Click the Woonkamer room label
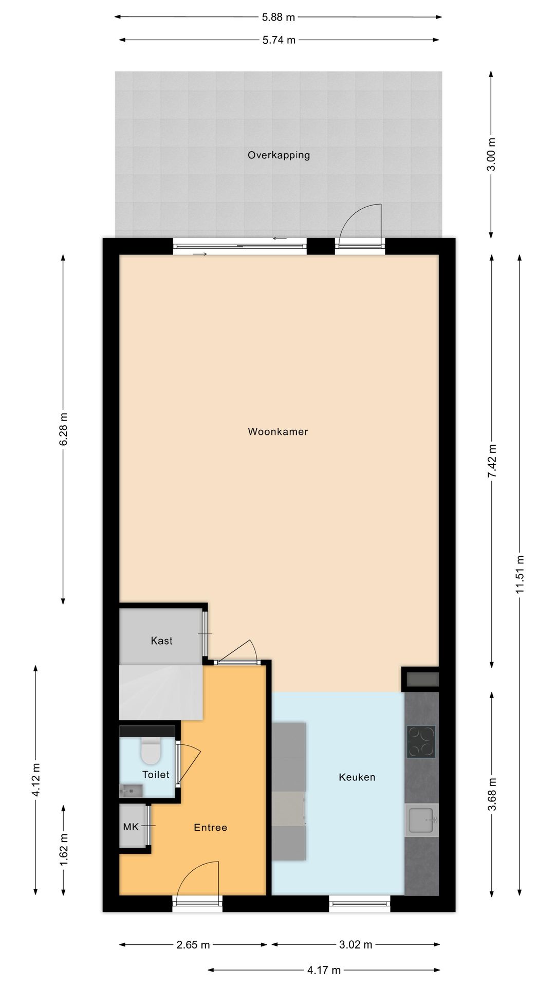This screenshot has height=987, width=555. (x=277, y=432)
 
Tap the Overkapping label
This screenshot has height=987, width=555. (x=279, y=155)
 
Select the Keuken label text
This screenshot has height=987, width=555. (x=357, y=777)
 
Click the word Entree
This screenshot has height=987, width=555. (x=210, y=827)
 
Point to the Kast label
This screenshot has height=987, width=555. (x=161, y=641)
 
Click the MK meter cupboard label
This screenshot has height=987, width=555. (x=131, y=827)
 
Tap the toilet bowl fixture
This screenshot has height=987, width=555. (x=151, y=752)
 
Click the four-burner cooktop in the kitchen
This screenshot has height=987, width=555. (x=421, y=742)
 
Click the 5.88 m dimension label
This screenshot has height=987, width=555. (x=278, y=17)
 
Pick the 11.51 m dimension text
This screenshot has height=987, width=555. (x=520, y=575)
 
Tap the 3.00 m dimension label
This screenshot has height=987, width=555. (x=491, y=154)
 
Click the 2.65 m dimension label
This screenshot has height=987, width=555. (x=193, y=945)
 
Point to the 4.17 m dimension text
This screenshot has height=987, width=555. (x=324, y=970)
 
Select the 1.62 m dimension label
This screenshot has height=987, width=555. (x=64, y=850)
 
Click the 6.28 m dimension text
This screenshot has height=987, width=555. (x=64, y=429)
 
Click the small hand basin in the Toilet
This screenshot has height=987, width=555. (x=131, y=791)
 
